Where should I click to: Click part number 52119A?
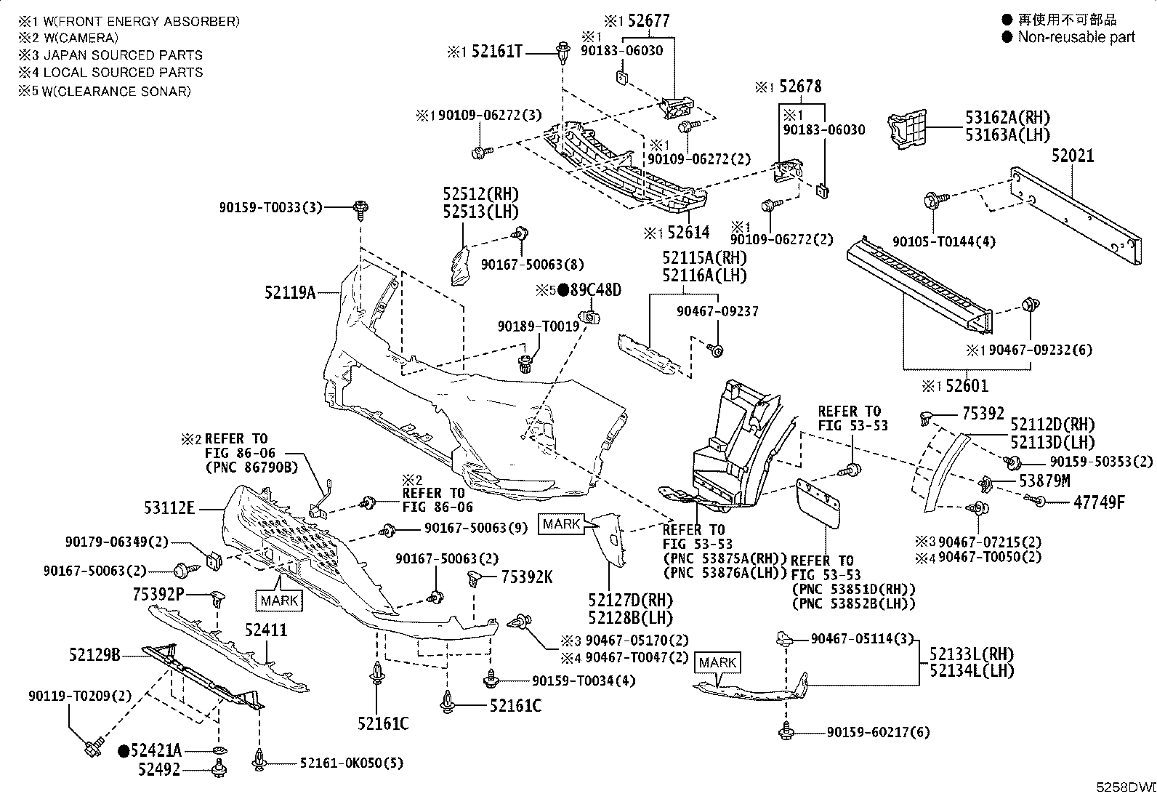290,293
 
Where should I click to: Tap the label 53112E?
169,508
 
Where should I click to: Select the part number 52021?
1073,156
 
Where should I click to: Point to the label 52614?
688,233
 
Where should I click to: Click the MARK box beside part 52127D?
562,524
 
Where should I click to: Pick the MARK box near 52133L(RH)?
717,662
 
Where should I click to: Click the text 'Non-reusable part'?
1076,37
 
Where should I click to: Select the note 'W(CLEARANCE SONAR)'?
116,92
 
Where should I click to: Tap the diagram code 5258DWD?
1126,787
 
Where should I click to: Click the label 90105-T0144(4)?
943,242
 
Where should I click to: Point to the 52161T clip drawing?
563,53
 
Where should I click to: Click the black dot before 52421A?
124,751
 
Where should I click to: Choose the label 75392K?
527,577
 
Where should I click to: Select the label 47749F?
1099,502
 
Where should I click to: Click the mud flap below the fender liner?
818,503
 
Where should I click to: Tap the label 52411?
266,630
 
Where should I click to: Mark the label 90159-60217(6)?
878,732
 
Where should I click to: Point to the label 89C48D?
595,290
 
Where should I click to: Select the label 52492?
159,769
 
